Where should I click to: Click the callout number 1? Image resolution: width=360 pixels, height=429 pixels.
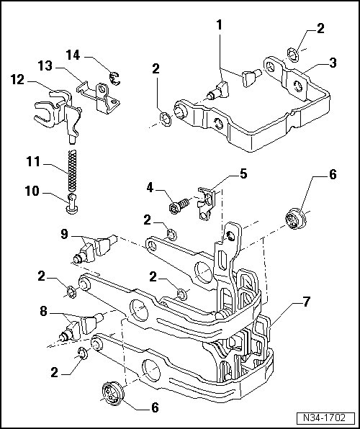click(219, 25)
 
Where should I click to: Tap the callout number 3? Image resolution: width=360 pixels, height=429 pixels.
click(333, 63)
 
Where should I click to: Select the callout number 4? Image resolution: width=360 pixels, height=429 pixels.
click(150, 188)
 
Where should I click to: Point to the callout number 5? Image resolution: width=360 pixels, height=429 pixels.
click(243, 174)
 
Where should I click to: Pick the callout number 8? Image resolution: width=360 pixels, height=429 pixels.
click(43, 311)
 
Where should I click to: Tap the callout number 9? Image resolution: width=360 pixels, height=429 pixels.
click(64, 234)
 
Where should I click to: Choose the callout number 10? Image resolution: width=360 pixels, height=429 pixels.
click(32, 191)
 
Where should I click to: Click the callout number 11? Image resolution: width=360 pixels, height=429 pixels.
click(33, 161)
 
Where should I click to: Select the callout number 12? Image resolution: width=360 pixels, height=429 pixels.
click(17, 80)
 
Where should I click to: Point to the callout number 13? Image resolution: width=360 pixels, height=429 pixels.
click(45, 66)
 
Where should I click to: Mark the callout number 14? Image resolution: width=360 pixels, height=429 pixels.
click(73, 55)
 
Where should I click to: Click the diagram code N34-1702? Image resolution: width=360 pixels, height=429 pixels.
click(324, 417)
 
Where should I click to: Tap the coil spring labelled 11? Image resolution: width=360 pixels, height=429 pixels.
click(72, 171)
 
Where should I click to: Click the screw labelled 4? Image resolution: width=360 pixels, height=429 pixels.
click(179, 206)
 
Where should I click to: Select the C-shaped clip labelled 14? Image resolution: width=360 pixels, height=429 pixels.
click(114, 78)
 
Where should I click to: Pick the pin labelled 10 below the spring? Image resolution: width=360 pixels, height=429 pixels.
click(72, 204)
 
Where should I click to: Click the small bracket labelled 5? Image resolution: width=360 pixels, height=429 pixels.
click(206, 203)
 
